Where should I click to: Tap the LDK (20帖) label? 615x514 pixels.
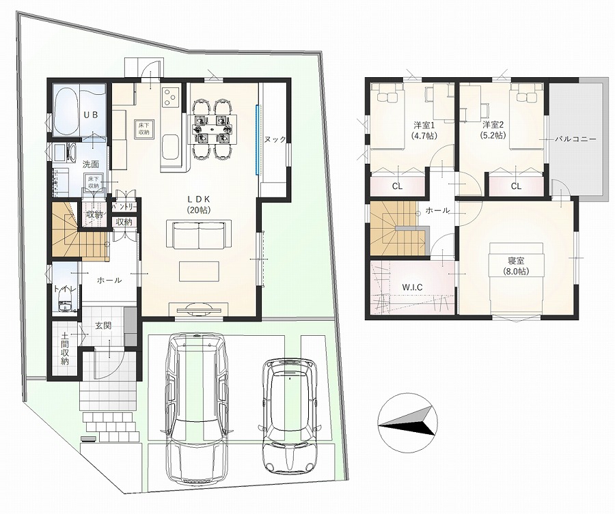[x=200, y=204]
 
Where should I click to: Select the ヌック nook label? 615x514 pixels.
[x=275, y=140]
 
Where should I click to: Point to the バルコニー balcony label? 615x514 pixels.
[x=575, y=139]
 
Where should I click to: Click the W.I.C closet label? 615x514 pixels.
[x=412, y=287]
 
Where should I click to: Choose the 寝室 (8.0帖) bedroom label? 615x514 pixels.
[x=515, y=266]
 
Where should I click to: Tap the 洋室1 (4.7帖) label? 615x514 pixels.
[x=424, y=130]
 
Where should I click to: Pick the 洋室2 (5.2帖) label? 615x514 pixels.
[x=493, y=130]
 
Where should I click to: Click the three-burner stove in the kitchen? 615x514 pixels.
[x=171, y=97]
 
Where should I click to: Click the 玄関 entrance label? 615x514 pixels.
[x=103, y=326]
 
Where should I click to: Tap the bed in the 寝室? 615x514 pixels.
[x=516, y=279]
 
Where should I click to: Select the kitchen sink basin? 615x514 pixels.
[x=171, y=147]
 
